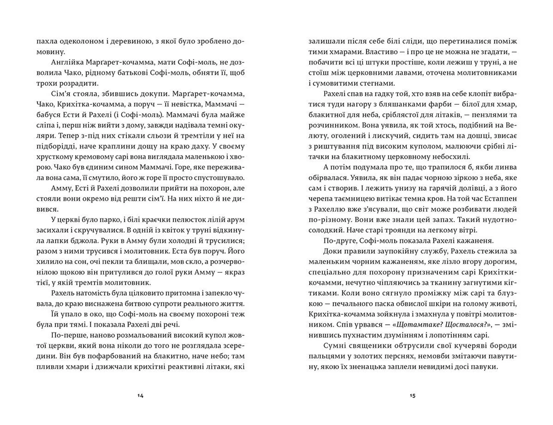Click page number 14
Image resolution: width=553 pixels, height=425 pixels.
[x=141, y=396]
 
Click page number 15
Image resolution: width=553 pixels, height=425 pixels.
[x=412, y=396]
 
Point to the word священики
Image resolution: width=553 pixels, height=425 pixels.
[x=370, y=346]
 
